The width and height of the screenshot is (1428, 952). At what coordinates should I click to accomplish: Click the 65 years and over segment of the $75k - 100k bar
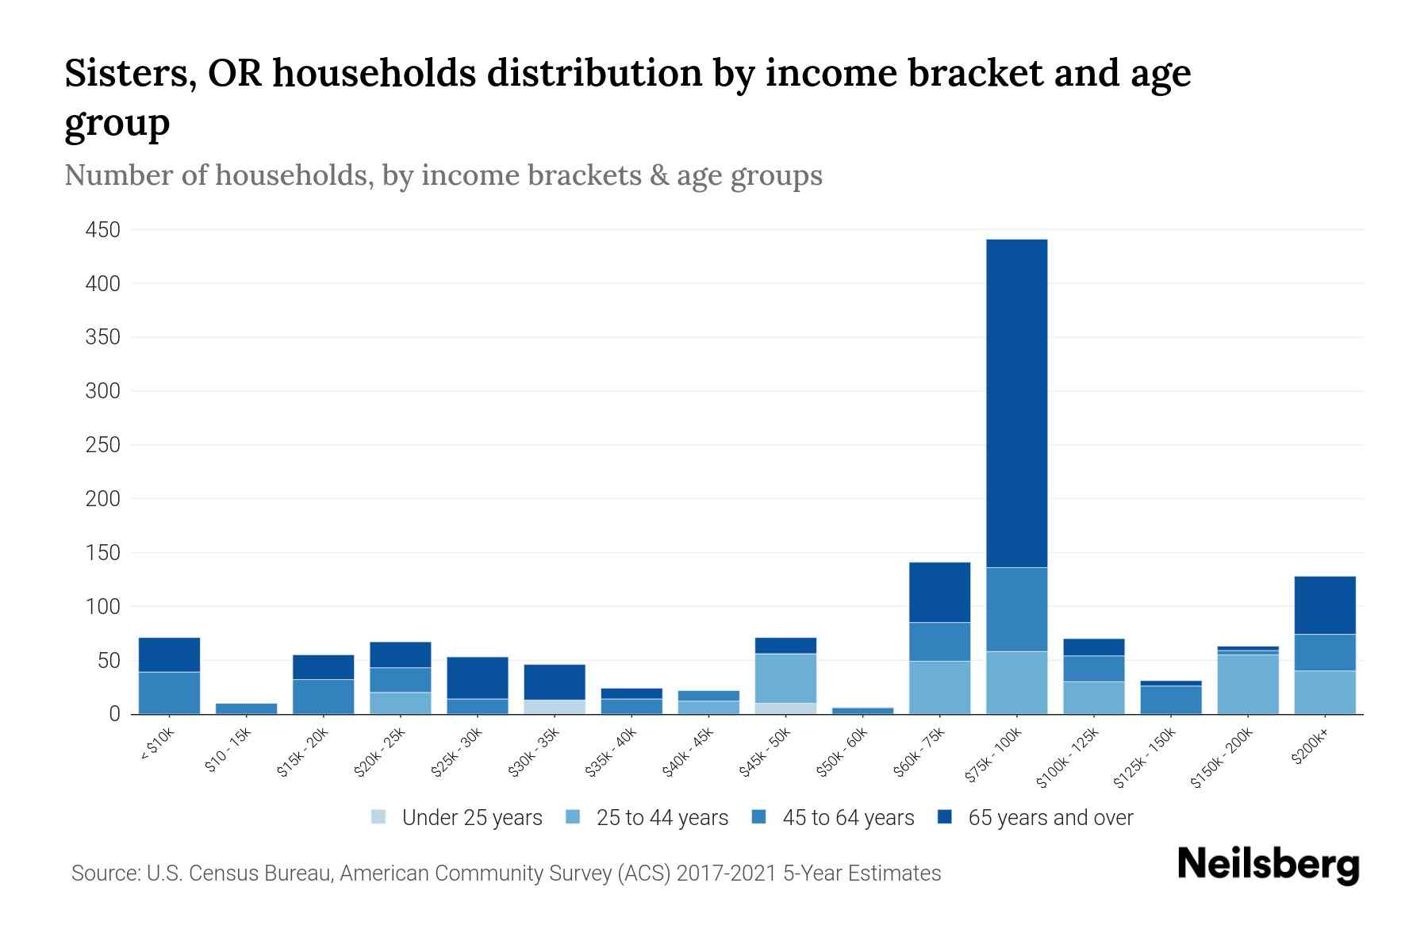coord(1016,403)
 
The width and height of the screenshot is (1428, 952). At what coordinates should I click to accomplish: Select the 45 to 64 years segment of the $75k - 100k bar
coord(1016,609)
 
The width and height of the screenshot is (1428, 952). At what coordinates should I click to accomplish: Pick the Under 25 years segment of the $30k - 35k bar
coord(555,707)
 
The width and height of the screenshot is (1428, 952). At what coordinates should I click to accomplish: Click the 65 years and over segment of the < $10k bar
coord(169,654)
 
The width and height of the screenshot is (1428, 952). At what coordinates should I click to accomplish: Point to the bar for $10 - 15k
coord(246,708)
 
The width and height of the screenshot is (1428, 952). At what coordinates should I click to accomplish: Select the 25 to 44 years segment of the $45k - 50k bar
coord(785,678)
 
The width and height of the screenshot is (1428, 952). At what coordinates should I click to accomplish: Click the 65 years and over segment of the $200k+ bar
coord(1325,605)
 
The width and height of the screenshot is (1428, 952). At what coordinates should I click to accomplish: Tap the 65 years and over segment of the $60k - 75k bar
coord(939,593)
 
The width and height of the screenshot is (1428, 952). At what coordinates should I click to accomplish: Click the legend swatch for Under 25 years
coord(379,817)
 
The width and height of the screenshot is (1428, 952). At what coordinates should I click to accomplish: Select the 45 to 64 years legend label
coord(848,817)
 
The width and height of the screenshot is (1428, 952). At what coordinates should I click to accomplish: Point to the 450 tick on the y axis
coord(103,230)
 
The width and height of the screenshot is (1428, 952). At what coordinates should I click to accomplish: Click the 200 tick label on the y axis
coord(103,499)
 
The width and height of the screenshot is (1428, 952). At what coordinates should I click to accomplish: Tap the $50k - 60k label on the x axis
coord(843,752)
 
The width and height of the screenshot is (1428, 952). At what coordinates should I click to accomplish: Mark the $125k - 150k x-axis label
coord(1145,758)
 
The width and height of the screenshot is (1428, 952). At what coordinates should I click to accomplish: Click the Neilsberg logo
coord(1268,865)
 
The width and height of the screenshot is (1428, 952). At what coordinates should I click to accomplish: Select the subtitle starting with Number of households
coord(443,175)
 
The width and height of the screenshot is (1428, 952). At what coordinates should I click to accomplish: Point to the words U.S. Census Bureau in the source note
coord(240,873)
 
